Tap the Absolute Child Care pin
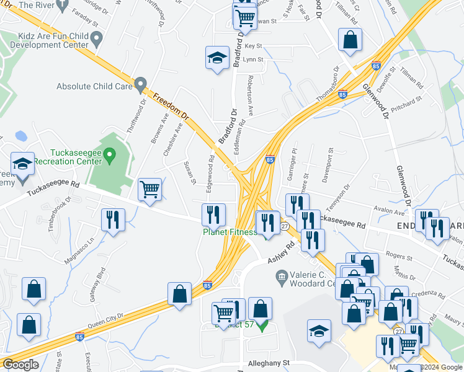click(x=141, y=83)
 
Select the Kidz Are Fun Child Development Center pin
click(x=96, y=40)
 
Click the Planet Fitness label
click(x=230, y=232)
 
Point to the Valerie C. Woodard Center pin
click(x=281, y=275)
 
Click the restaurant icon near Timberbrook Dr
click(x=113, y=219)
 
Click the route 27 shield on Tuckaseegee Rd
click(x=284, y=227)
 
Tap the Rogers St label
click(x=399, y=256)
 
